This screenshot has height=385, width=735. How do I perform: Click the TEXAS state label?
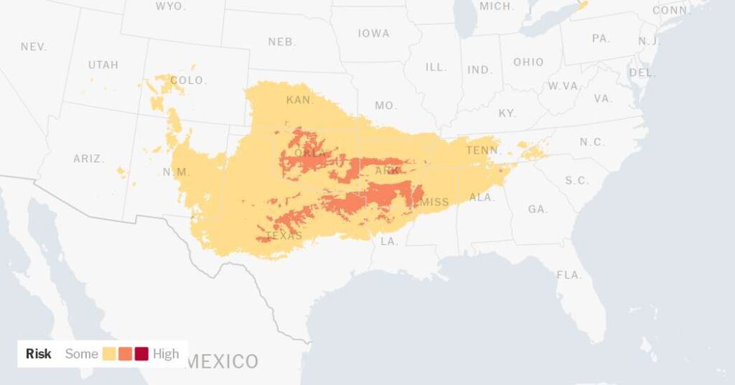tap(284, 236)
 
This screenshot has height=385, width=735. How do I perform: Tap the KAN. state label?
tap(300, 101)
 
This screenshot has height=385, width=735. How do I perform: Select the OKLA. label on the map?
tap(310, 154)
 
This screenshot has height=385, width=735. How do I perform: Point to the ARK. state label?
tap(388, 171)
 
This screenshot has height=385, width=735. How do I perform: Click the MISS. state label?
tap(435, 202)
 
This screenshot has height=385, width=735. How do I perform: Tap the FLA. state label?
tap(569, 275)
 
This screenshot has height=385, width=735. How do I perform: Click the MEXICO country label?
tap(223, 361)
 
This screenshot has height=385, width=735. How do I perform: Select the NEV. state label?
tap(34, 47)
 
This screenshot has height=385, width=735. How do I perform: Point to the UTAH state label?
tap(103, 65)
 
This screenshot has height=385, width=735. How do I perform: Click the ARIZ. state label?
tap(88, 159)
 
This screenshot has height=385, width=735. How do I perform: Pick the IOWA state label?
tap(373, 34)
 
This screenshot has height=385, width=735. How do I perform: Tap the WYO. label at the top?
tap(171, 6)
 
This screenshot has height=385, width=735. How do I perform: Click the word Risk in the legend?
tap(39, 354)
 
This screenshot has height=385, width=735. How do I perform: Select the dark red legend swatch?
tap(141, 354)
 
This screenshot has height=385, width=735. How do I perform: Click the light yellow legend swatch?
tap(110, 354)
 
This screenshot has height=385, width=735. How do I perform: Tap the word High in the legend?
tap(166, 354)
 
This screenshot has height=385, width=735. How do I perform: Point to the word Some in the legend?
tap(81, 354)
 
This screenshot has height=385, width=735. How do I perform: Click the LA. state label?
tap(389, 241)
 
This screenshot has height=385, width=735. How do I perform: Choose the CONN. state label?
tap(670, 10)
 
